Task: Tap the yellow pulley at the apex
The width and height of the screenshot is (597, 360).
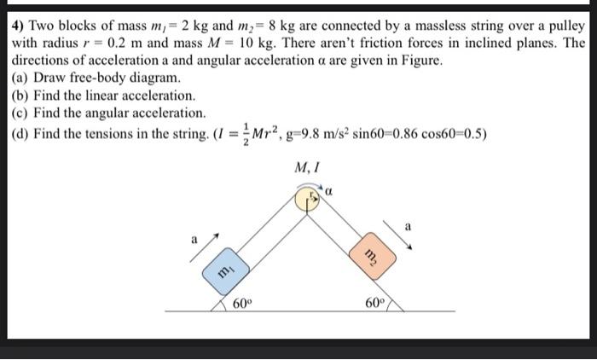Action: [307, 200]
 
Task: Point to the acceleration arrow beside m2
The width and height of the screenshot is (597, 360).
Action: [402, 233]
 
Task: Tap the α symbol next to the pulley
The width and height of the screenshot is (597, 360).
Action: [327, 194]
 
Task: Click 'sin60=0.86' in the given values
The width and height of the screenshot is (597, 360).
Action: [386, 133]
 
